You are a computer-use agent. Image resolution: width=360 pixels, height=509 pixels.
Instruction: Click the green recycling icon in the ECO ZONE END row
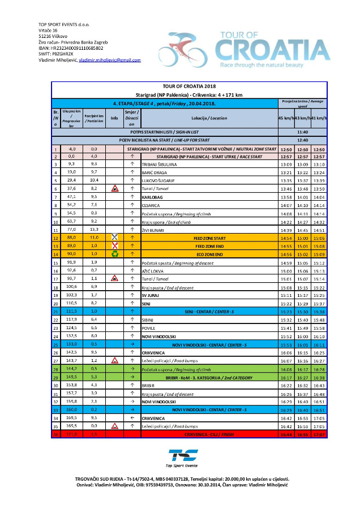tap(114, 255)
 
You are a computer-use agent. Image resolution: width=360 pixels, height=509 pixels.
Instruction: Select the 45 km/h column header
tap(285, 118)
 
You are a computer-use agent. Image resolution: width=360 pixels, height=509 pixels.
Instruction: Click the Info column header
tap(114, 118)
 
